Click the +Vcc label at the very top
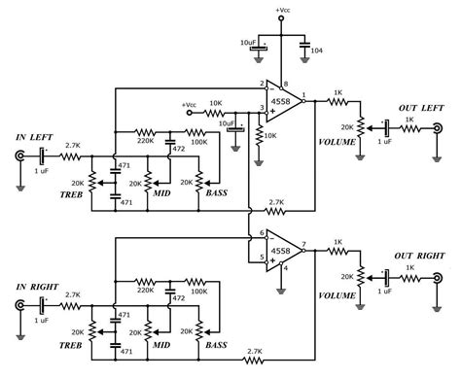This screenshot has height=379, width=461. pos(282,9)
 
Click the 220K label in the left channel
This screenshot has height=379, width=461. pos(146,142)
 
